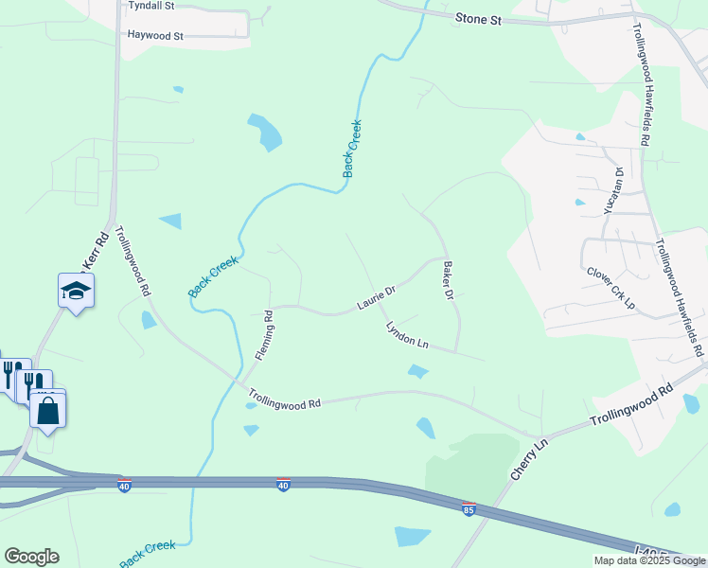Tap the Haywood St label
point(155,35)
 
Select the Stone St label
point(477,18)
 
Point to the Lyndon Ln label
point(407,336)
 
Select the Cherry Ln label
point(529,458)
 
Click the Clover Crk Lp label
point(610,287)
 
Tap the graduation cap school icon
point(76,291)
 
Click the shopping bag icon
point(47,411)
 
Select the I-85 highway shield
point(469,509)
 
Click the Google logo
point(31,557)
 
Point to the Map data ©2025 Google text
point(648,560)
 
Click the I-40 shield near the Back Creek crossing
point(283,486)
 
